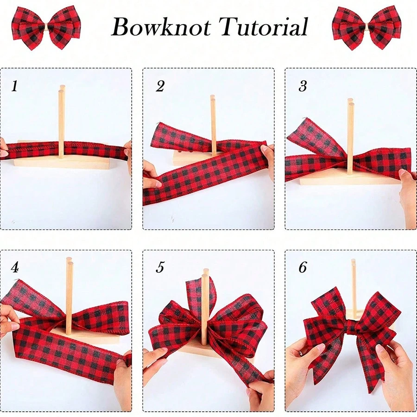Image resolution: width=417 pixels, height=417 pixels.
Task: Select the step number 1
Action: (x=14, y=86)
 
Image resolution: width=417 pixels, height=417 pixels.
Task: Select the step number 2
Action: (x=160, y=86)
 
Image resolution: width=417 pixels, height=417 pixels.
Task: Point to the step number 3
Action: (x=303, y=86)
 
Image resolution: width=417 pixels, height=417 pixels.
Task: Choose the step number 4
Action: (x=15, y=267)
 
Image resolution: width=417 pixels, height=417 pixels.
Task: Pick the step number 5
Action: (x=160, y=267)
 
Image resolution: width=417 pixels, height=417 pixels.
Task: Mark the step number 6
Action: (x=303, y=267)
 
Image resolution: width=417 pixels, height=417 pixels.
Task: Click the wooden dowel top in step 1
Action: (x=61, y=88)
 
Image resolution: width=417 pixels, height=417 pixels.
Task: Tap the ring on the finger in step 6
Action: (x=301, y=353)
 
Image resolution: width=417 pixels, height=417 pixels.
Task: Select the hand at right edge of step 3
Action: (x=408, y=195)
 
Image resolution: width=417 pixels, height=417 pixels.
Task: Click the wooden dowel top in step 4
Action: (x=69, y=262)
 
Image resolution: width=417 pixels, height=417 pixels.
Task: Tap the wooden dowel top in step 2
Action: (x=213, y=98)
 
